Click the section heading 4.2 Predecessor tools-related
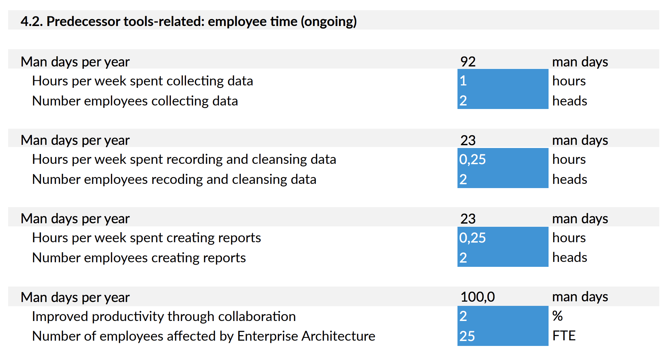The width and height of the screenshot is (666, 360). pos(188,21)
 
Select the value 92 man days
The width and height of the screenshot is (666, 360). pos(468,62)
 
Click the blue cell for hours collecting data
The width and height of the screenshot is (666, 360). pos(502,81)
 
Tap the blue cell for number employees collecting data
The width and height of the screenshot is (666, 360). pos(502,101)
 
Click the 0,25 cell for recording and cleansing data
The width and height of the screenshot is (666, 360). pos(502,159)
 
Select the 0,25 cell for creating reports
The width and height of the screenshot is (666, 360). pos(502,238)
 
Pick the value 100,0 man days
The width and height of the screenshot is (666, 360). pos(478,297)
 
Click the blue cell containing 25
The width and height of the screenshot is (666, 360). pos(502,336)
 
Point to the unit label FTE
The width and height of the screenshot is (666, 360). pos(564,336)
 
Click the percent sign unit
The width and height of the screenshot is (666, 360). pos(557,316)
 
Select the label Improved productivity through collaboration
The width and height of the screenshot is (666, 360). pos(164,316)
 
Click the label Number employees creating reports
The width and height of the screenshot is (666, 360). pos(139,258)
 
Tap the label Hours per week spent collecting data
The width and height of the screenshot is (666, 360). pos(142,81)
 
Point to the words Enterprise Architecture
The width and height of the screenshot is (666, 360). pos(306,336)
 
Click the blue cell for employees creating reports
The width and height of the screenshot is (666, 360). pos(502,258)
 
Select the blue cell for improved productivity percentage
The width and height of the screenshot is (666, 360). pos(502,316)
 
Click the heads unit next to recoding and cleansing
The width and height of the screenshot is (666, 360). pos(570,179)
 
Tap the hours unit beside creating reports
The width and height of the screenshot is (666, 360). pos(569,238)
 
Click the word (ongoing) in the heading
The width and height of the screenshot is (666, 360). pos(328,21)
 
